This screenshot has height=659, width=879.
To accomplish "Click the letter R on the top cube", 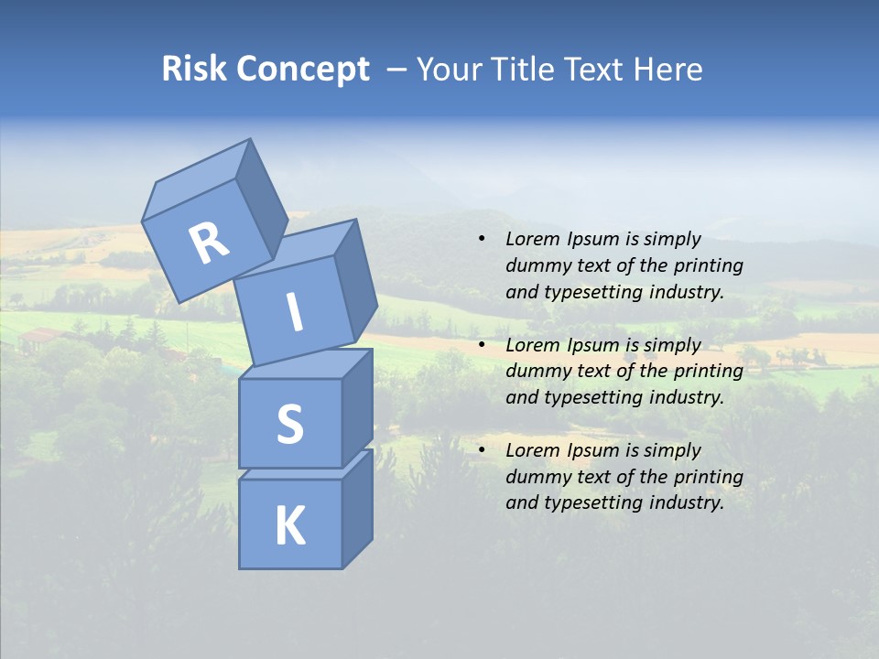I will coord(209,243).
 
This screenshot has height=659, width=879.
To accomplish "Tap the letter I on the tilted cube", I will coord(295,313).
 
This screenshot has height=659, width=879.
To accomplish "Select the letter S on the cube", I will coord(289,424).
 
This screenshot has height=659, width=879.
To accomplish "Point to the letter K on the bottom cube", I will coord(290,526).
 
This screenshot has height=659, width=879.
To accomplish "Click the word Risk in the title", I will coord(195,70).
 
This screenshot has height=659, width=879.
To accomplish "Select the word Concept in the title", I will coord(303,70).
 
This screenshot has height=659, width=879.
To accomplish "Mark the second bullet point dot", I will coord(482,345).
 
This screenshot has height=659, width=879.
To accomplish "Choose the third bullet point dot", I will coord(482,450).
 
